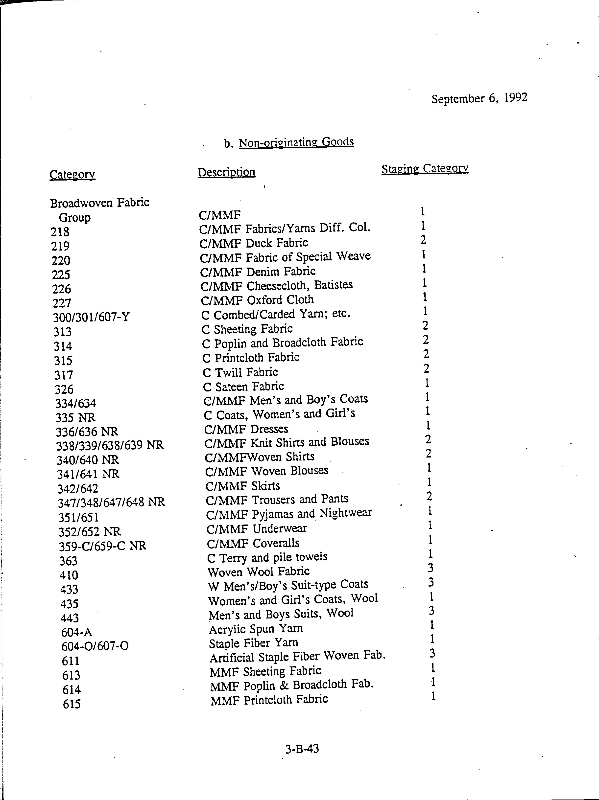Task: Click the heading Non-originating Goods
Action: coord(296,142)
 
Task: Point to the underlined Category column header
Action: coord(72,175)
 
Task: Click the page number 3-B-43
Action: coord(302,749)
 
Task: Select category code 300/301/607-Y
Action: coord(91,317)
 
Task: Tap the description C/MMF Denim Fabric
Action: coord(258,272)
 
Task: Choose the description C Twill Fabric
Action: coord(240,372)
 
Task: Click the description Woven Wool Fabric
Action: coord(259,571)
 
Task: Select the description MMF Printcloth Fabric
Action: coord(269,700)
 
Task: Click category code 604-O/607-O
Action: coord(95,646)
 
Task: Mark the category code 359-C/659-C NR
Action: coord(102,546)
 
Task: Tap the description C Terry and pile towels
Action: coord(267,558)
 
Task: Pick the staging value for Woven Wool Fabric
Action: coord(430,568)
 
